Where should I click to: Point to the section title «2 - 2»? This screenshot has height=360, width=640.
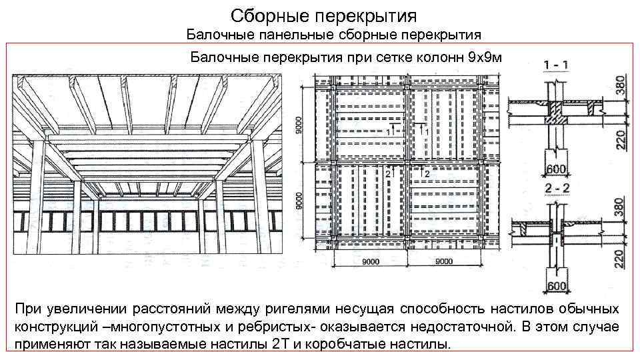[x=556, y=187]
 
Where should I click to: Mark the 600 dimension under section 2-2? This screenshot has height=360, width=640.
[x=556, y=286]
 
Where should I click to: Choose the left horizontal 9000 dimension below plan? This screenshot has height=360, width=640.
[x=371, y=263]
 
